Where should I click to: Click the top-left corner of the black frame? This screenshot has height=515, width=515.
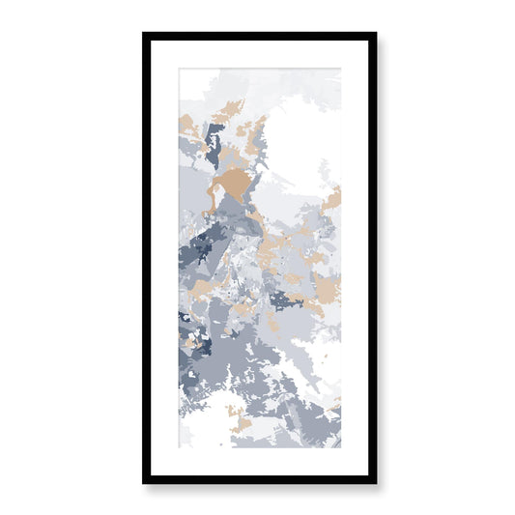[x=145, y=35]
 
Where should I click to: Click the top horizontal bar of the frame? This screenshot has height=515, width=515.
[x=259, y=36]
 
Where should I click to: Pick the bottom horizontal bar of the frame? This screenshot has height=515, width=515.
[x=259, y=478]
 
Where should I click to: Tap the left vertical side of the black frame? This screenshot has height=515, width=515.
[x=146, y=257]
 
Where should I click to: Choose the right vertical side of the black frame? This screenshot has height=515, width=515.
[x=372, y=257]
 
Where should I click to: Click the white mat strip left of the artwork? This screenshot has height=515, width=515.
[x=163, y=257]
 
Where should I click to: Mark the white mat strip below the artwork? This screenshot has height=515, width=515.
[x=259, y=460]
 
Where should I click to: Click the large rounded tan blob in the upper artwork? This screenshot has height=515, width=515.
[x=232, y=184]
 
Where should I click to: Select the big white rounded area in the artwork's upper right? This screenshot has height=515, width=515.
[x=295, y=145]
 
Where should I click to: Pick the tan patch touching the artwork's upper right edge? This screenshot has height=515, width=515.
[x=332, y=200]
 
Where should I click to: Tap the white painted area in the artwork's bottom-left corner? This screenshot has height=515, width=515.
[x=198, y=425]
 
